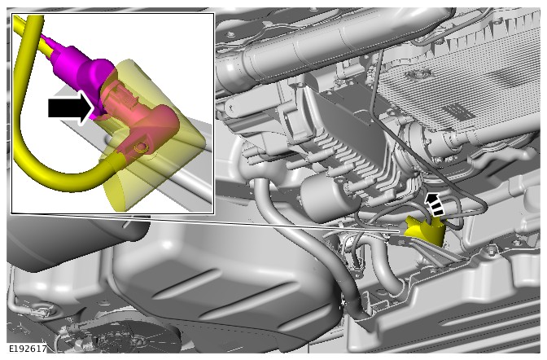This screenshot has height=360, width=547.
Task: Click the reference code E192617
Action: pyautogui.click(x=28, y=349)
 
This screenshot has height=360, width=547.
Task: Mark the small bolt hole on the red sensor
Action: pyautogui.click(x=141, y=147)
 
